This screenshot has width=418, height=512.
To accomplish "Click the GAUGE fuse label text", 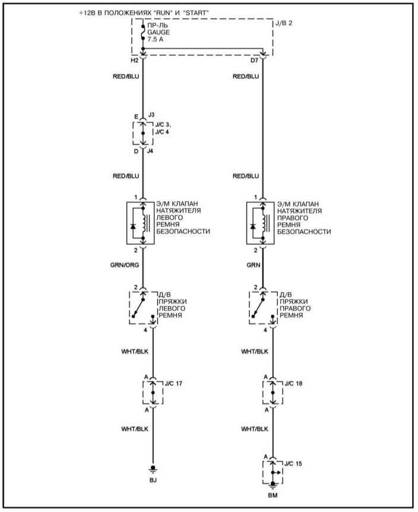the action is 158,32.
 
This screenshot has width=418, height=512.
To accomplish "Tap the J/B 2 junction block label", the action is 284,24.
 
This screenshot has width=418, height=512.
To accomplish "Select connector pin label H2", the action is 135,61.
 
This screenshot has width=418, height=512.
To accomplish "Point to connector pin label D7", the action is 254,61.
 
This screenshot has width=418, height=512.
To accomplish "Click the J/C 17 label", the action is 173,383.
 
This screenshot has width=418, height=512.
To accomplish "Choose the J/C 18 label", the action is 293,383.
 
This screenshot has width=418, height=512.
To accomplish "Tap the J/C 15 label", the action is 293,463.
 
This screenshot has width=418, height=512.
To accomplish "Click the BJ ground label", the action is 153,480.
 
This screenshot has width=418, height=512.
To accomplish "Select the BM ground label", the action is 273,495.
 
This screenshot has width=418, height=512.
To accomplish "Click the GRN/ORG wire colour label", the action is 125,265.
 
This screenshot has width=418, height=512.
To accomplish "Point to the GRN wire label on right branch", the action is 254,265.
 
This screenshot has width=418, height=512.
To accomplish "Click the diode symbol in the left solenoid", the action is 132,226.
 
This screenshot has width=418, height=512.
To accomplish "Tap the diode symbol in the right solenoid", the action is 252,226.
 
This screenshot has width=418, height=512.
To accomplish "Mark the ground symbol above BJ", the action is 153,469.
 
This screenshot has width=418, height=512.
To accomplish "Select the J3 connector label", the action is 151,115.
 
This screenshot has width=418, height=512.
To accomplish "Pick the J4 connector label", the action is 150,151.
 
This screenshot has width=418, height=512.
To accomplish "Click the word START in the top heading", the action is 195,12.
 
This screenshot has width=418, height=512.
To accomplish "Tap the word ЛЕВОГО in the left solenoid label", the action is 169,218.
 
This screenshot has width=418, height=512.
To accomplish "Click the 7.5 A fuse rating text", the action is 155,39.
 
